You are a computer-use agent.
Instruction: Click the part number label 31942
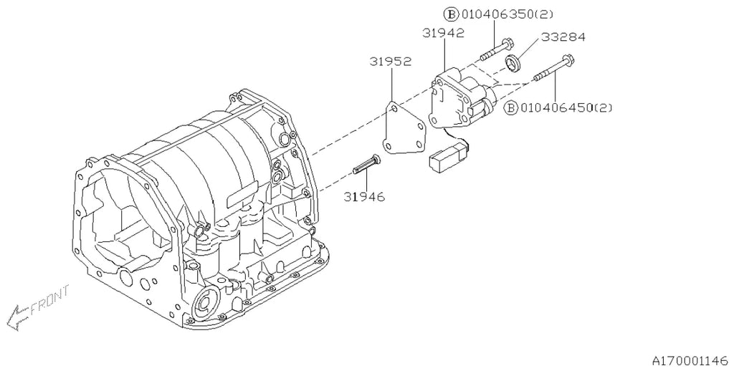click(x=443, y=33)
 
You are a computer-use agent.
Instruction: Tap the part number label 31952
click(x=391, y=62)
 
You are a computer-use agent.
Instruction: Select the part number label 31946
click(x=363, y=197)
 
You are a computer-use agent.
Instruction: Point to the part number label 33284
click(x=563, y=37)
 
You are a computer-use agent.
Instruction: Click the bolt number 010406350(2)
click(x=507, y=14)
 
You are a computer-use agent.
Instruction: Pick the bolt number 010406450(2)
click(x=566, y=108)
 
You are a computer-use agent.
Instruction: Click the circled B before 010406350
click(x=452, y=14)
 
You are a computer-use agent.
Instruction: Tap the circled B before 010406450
click(x=510, y=108)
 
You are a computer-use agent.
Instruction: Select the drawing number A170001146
click(x=690, y=361)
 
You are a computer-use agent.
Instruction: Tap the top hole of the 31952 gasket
click(x=394, y=109)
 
